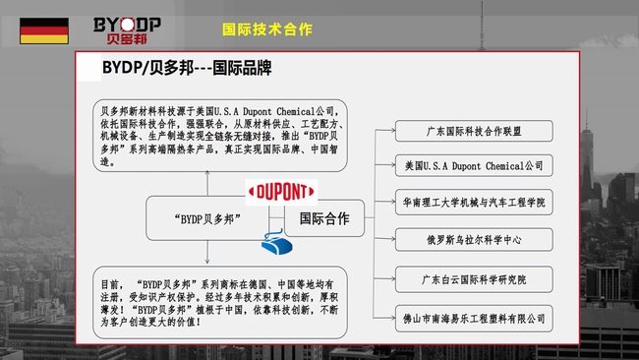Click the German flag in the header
coord(44,30)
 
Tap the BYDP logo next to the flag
coord(127,30)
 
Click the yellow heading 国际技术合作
coord(267,30)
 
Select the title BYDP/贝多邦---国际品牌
coord(187,68)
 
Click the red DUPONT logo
coord(281,192)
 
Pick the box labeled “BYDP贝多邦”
coord(207,218)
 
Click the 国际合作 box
coord(324,218)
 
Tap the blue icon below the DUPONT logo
coord(276,243)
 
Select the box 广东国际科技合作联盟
coord(474,131)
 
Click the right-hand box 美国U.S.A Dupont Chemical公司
coord(474,165)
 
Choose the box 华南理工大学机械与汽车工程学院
coord(474,202)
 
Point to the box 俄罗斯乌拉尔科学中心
coord(474,240)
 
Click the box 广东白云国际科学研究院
coord(474,279)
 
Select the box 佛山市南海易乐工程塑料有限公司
coord(474,319)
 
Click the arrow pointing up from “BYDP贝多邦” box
coord(207,183)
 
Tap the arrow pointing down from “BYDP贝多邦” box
coord(207,252)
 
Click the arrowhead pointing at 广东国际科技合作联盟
coord(392,131)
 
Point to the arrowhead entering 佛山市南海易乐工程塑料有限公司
coord(392,318)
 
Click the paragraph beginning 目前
coord(219,303)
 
